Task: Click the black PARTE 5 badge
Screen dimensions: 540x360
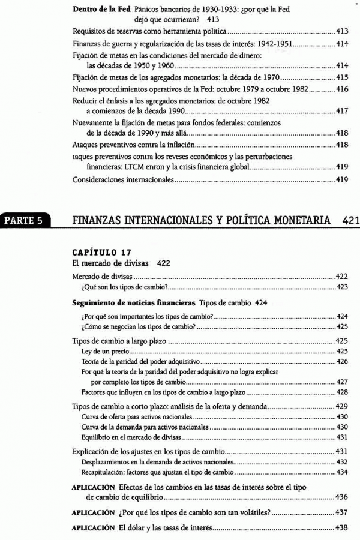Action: (25, 220)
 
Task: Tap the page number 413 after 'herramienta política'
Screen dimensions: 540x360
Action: (343, 31)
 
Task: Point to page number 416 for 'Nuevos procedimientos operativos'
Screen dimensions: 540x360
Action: (343, 89)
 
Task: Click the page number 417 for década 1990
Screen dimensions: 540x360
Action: (343, 112)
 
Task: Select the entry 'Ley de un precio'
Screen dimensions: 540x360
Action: (101, 351)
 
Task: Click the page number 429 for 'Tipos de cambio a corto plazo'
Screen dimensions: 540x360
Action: (343, 406)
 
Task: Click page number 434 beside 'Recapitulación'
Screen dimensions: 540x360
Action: (343, 472)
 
